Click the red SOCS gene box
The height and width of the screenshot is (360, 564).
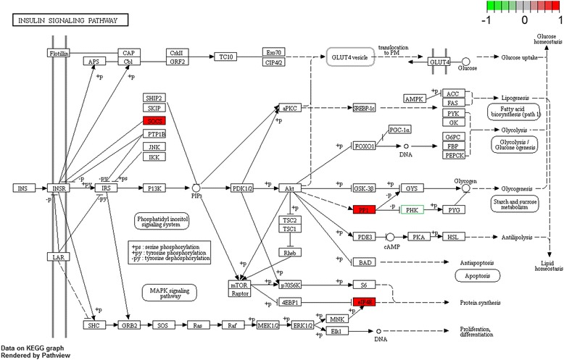[x=154, y=121]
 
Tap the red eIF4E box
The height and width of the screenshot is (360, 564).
[x=365, y=301]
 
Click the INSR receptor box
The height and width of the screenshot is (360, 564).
[x=58, y=188]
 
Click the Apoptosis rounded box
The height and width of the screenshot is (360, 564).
[x=478, y=276]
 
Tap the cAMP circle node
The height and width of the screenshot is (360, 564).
[x=391, y=237]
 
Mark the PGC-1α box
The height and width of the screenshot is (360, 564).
[x=402, y=129]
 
